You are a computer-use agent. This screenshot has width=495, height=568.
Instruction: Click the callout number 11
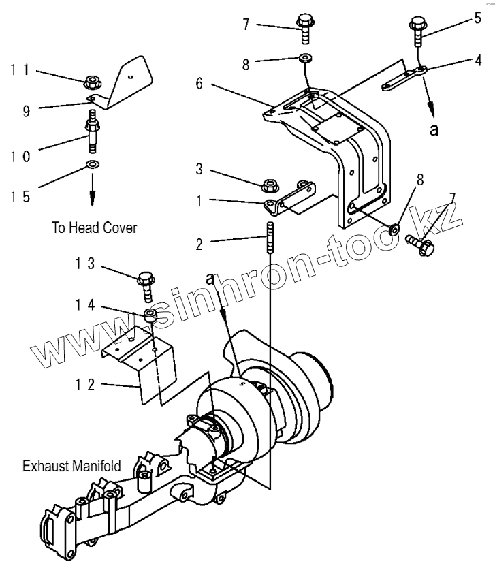tap(20, 70)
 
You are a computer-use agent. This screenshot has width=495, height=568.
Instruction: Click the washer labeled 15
tap(91, 164)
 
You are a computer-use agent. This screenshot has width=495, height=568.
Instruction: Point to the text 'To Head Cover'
tap(94, 227)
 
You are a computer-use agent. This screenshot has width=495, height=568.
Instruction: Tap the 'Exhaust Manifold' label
tap(71, 467)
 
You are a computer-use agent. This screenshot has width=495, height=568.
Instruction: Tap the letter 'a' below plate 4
tap(434, 129)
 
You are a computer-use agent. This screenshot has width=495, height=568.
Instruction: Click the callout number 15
tap(20, 196)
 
